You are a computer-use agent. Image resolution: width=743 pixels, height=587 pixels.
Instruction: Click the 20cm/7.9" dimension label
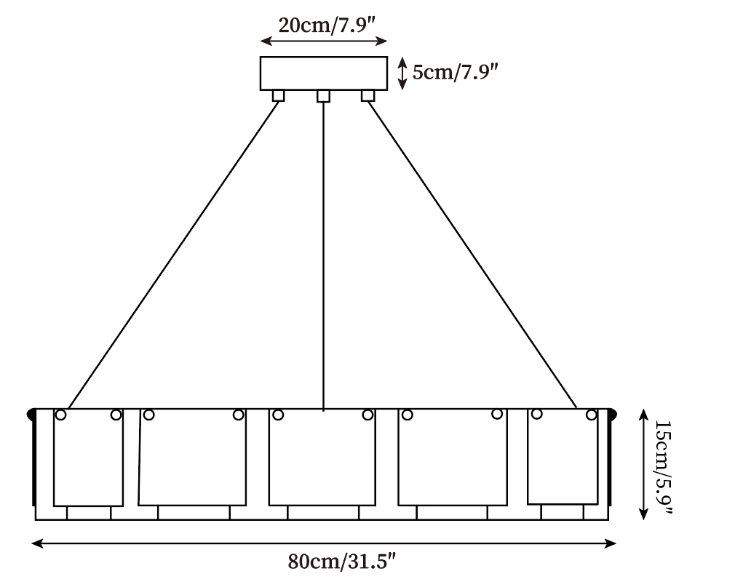pos(327,25)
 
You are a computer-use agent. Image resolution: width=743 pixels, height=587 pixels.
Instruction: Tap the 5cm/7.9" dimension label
pos(455,73)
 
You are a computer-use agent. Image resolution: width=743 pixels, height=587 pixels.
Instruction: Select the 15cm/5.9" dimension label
pos(663,467)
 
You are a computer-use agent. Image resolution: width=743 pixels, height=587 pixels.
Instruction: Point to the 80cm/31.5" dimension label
pos(341,562)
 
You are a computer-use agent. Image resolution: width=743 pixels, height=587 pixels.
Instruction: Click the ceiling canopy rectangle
pos(324,73)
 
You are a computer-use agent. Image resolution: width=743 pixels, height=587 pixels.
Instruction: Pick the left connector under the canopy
pos(278,96)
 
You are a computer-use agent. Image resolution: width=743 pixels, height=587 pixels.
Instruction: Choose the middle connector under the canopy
pos(323,96)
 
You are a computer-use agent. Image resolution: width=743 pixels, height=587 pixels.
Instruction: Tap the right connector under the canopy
pos(367,96)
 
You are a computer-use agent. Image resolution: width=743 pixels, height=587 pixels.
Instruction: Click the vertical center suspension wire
pos(323,256)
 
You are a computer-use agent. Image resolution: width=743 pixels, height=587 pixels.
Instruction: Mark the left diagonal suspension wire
pos(173,255)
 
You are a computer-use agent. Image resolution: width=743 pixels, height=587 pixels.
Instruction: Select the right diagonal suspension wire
pos(472,255)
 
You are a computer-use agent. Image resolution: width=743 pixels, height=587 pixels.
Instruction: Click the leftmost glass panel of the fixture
pos(88,458)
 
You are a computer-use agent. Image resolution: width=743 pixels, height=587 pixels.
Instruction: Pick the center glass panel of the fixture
pos(322,458)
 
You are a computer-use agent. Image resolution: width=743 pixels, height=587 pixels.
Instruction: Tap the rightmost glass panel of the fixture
pos(563,456)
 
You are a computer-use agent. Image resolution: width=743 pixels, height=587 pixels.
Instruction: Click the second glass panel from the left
pos(192,458)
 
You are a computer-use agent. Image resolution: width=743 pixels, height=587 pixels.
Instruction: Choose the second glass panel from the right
pos(453,458)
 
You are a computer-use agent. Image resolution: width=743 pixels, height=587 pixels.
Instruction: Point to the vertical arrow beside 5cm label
pos(402,73)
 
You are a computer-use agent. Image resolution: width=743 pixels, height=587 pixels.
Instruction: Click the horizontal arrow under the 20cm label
pos(324,41)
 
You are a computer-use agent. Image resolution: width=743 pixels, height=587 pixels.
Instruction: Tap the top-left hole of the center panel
pos(278,415)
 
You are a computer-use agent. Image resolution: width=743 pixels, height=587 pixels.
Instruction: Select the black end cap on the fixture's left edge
pos(31,414)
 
